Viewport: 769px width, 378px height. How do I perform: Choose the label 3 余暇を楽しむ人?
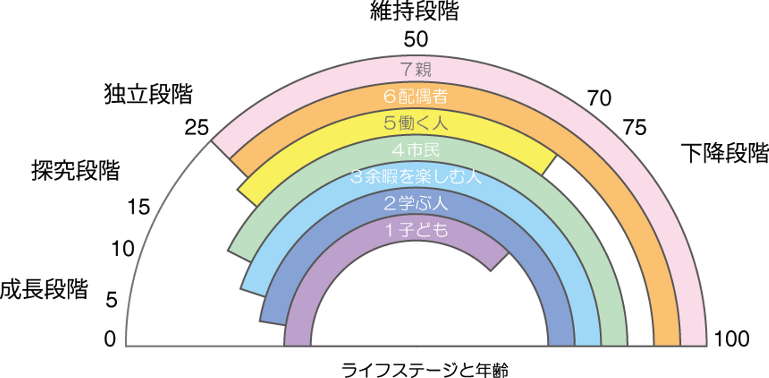click(x=416, y=177)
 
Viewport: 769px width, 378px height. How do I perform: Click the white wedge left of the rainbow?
click(x=187, y=267)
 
